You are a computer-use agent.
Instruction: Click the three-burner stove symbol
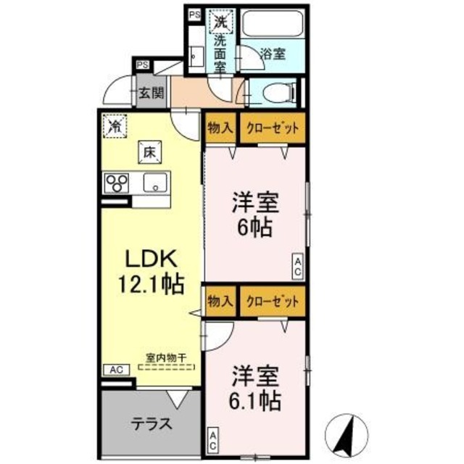click(116, 183)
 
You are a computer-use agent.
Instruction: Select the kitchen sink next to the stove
click(155, 183)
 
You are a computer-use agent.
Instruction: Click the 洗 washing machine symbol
click(219, 21)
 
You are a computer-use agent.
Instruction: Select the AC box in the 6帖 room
click(298, 265)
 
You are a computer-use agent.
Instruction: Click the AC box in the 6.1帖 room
click(213, 439)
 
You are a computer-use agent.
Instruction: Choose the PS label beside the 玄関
click(142, 65)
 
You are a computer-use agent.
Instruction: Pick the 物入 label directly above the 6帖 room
click(220, 129)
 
